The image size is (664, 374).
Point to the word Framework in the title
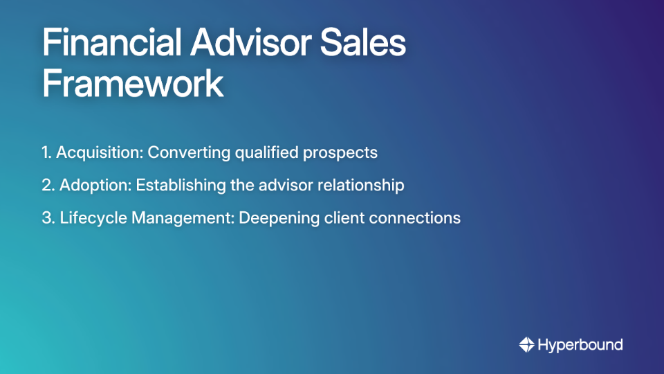click(x=133, y=84)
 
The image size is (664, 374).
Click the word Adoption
click(x=95, y=186)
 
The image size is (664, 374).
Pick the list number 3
click(x=48, y=218)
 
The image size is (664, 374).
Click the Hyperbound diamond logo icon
click(x=526, y=344)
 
